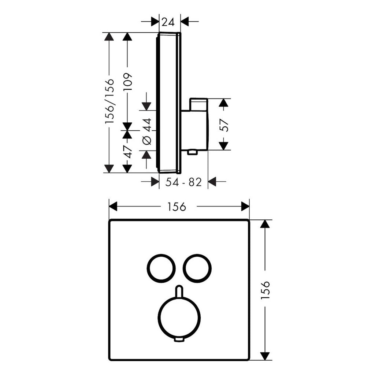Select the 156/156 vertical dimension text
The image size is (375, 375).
[x=109, y=101]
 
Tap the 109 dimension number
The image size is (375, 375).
[x=127, y=82]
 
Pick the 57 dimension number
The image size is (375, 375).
[x=224, y=124]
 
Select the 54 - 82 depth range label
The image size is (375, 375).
[x=183, y=182]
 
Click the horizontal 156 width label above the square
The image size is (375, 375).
[x=177, y=207]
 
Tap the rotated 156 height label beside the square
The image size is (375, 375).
[x=265, y=290]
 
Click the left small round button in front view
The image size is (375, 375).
[x=161, y=268]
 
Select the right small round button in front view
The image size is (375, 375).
[x=197, y=268]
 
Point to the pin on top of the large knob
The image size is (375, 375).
[x=179, y=291]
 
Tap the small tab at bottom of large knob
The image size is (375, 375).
[x=179, y=340]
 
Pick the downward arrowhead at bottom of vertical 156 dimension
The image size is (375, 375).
[x=265, y=356]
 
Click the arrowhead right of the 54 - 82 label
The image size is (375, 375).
[x=212, y=181]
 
